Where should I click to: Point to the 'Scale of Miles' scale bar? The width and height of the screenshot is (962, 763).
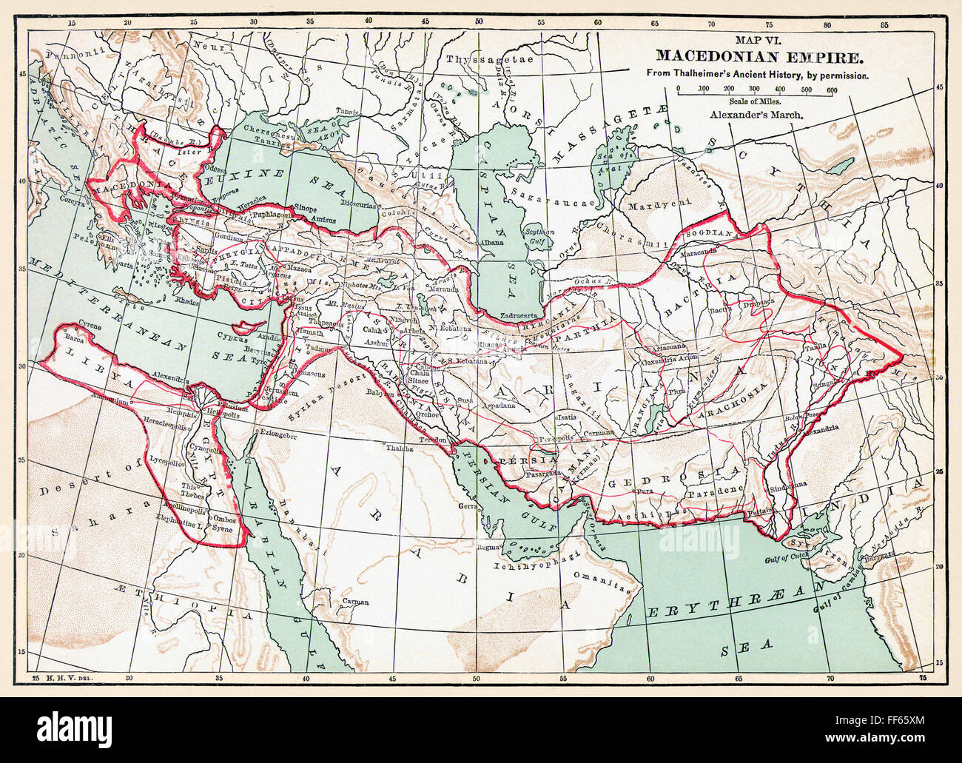[x=754, y=90]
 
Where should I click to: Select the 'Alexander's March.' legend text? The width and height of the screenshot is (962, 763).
[x=754, y=115]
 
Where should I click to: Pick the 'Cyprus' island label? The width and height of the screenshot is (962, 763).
[x=229, y=335]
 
